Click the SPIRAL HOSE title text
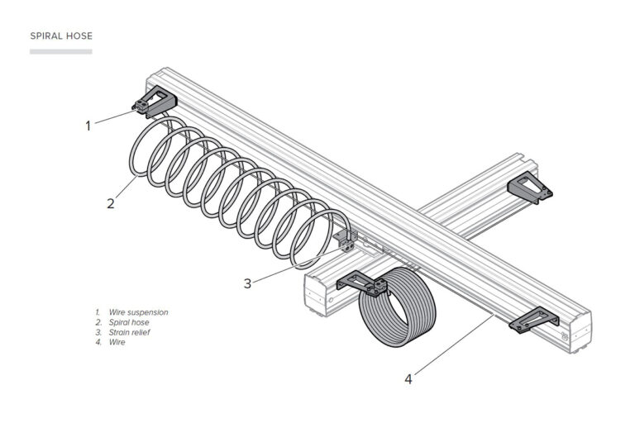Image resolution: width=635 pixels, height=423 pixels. pos(61,36)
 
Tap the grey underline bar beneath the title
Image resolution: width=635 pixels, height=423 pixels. pos(61,51)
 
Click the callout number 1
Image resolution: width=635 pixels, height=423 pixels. pos(88,126)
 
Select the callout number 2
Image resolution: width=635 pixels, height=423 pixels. pos(110,202)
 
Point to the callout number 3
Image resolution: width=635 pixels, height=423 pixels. pos(247,283)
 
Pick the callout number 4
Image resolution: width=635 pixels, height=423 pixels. pos(408,379)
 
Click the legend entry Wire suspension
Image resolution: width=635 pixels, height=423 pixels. pos(137,312)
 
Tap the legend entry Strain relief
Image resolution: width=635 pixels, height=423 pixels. pos(129,332)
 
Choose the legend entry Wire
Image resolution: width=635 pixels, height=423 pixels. pos(117,342)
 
